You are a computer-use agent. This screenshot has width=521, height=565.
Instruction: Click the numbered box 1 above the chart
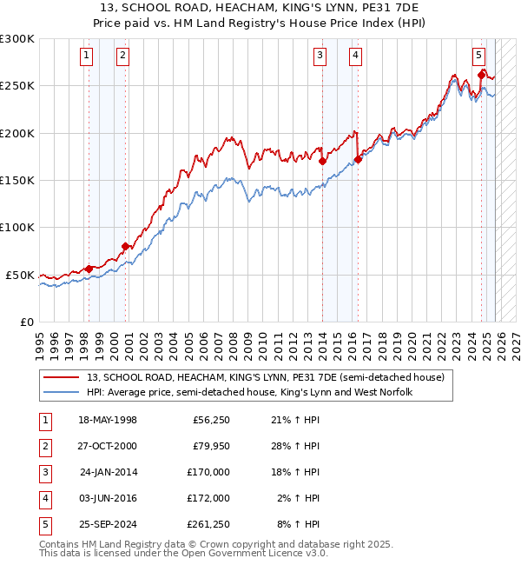(x=88, y=56)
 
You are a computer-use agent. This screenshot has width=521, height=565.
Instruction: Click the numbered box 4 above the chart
(x=356, y=56)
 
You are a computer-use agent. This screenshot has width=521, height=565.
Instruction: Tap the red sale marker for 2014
(x=322, y=161)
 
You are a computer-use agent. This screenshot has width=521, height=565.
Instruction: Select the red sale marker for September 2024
(x=481, y=75)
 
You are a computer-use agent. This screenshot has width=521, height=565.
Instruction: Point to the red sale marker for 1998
(x=89, y=269)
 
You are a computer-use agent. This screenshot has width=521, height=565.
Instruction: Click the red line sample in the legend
(x=61, y=378)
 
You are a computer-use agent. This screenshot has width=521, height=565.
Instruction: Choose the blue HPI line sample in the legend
(x=61, y=393)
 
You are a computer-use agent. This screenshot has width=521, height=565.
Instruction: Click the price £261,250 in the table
(x=208, y=524)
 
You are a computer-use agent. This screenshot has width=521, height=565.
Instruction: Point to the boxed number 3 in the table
(x=43, y=472)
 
